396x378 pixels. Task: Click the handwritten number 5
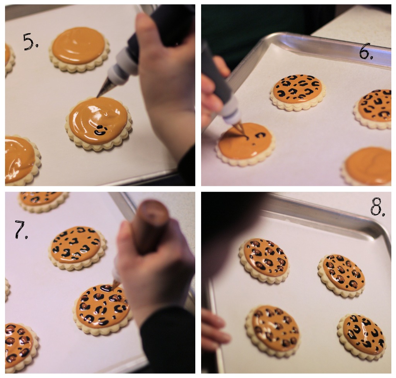coord(30,41)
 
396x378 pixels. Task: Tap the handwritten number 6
coord(366,51)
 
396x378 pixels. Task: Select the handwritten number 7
coord(21,230)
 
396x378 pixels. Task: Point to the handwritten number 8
coord(377,207)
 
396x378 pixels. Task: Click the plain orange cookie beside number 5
coord(79,50)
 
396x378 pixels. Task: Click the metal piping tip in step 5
coord(104,88)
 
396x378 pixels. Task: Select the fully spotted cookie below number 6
coord(298,92)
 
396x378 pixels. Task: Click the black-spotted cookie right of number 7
coord(77,248)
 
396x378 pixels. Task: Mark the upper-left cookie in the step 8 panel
coord(264,260)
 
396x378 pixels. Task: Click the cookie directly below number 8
coord(341,275)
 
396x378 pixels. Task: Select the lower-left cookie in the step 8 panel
coord(273,331)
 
